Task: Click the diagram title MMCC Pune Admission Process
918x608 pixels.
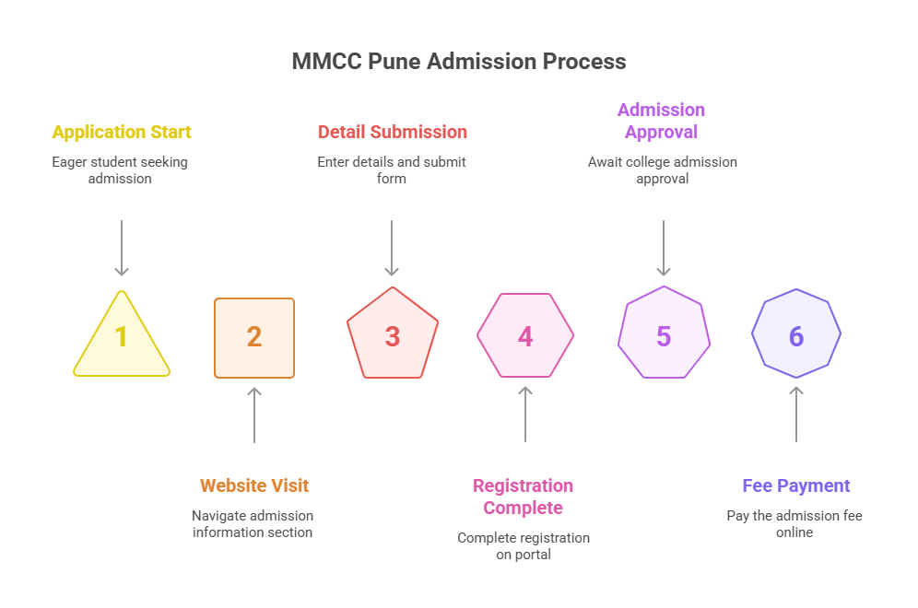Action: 458,62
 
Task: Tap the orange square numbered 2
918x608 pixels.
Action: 254,338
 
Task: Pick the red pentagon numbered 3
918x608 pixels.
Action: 392,336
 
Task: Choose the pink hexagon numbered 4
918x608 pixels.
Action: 525,336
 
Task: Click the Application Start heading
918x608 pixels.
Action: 122,132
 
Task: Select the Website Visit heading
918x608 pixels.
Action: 254,485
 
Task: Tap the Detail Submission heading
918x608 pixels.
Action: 392,132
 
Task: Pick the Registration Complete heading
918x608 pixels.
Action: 523,497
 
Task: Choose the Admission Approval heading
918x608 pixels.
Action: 661,121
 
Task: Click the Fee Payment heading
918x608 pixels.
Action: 796,485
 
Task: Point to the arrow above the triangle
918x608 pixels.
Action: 122,247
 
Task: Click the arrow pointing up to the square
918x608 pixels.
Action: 254,415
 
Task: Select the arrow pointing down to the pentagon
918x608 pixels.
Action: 392,247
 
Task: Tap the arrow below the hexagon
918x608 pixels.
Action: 525,415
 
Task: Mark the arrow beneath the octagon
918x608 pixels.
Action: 796,415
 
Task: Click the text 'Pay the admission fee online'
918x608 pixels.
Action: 794,523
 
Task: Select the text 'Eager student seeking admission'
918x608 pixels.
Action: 120,170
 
